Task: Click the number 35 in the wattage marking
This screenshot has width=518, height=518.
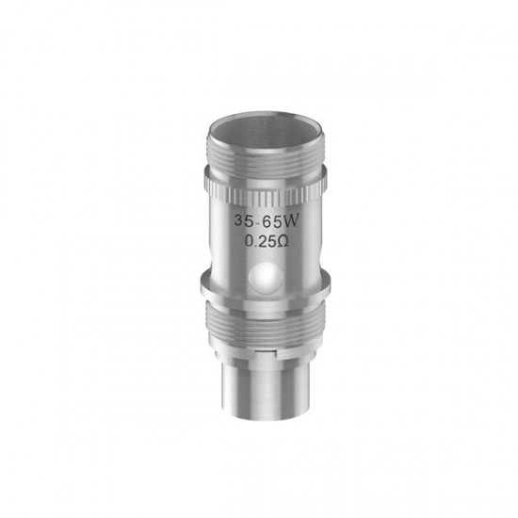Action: click(x=245, y=220)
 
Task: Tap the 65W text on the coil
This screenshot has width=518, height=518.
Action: click(x=280, y=221)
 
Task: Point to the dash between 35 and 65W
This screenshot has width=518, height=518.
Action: click(x=258, y=221)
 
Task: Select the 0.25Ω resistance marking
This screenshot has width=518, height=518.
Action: click(x=267, y=241)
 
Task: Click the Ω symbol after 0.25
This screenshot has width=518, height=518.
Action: click(x=283, y=242)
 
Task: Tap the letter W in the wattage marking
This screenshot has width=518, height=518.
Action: click(x=291, y=220)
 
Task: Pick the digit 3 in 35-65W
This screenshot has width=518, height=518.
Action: click(x=239, y=220)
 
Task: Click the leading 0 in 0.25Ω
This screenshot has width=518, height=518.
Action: click(x=249, y=241)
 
